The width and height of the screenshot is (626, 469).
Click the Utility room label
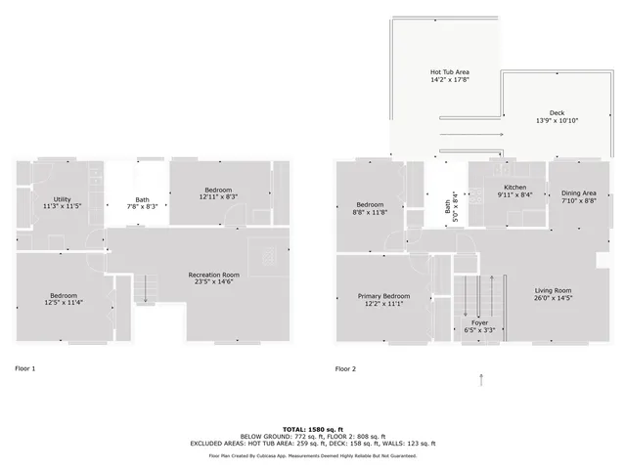[62, 199]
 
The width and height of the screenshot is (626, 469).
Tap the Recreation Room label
[214, 275]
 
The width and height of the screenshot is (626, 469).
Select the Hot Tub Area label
[450, 71]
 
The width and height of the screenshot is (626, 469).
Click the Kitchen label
[514, 187]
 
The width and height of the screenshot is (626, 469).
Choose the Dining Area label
[577, 193]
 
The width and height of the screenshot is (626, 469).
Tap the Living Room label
[553, 290]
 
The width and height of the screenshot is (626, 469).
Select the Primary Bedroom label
[383, 296]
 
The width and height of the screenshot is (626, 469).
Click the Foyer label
[479, 322]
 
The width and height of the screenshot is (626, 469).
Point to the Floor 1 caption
[25, 369]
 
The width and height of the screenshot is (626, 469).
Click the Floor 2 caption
[346, 369]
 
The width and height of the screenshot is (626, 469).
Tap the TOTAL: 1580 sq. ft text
[312, 429]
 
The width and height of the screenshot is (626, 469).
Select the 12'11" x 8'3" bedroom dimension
[218, 197]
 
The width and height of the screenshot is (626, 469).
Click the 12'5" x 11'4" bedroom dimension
[64, 303]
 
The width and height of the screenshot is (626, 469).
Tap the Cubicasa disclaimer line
[312, 455]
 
